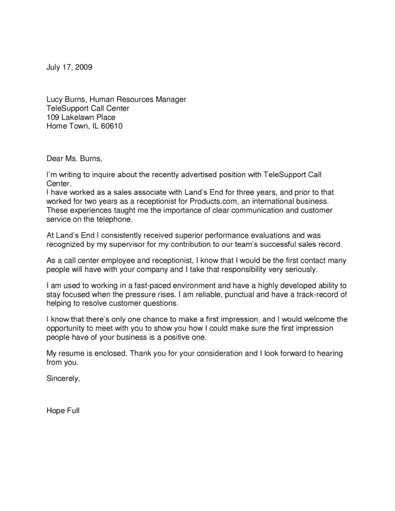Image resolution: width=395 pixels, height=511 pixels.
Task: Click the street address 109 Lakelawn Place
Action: [x=81, y=117]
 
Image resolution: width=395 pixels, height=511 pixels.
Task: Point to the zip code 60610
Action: [x=112, y=126]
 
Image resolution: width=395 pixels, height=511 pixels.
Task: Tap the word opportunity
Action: [x=66, y=328]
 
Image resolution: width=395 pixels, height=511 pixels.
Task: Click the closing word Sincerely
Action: [x=63, y=379]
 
